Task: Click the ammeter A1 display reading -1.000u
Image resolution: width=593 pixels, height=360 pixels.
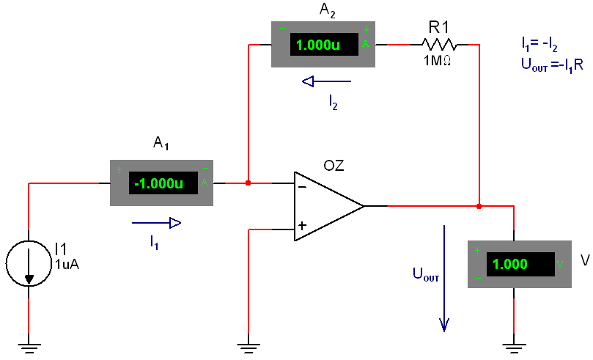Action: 158,183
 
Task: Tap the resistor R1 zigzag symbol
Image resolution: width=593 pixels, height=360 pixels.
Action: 440,45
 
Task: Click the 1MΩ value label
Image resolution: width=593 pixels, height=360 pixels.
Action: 437,62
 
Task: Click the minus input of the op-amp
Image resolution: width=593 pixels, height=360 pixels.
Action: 302,186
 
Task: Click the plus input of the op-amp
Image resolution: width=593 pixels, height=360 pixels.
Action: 302,226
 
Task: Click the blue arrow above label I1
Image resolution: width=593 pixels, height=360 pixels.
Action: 156,223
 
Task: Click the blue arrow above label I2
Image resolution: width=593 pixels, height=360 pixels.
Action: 326,81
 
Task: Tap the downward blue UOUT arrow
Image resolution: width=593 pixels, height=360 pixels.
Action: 443,279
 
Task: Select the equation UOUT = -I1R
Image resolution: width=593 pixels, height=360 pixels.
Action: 552,65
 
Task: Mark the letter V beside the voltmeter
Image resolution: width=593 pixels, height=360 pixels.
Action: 584,260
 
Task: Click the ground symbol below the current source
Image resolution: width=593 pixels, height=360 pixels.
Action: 29,346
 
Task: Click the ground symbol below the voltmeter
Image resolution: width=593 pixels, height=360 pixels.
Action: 514,346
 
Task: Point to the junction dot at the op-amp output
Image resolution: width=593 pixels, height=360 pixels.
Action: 479,206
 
